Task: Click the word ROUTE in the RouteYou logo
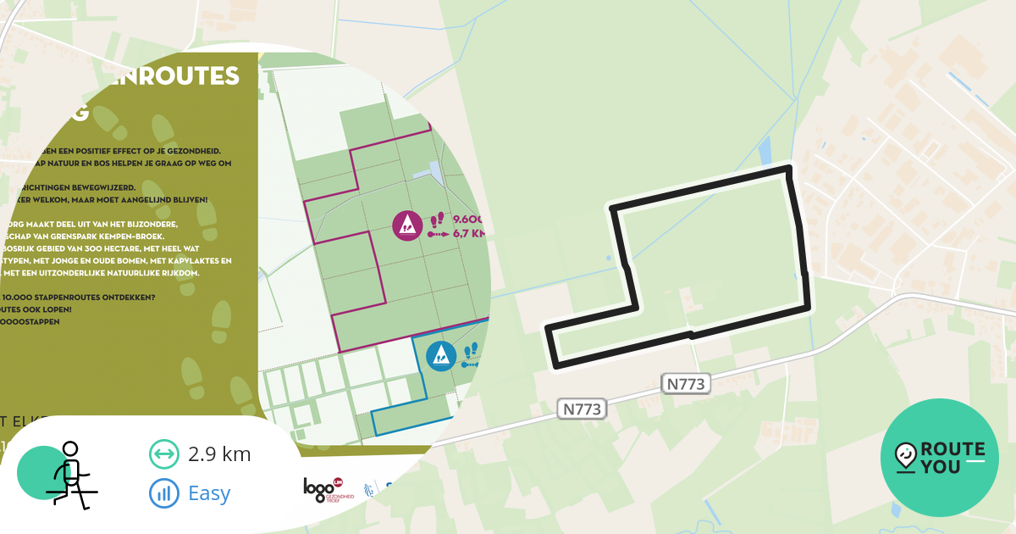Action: click(x=952, y=449)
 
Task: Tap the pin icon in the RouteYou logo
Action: click(x=906, y=458)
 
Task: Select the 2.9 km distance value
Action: click(x=219, y=453)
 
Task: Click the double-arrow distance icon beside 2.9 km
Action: click(x=163, y=453)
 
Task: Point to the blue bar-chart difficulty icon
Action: click(x=163, y=492)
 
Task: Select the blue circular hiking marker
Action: click(x=440, y=355)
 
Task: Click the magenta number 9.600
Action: click(x=471, y=219)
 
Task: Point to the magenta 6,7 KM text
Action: click(x=471, y=234)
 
